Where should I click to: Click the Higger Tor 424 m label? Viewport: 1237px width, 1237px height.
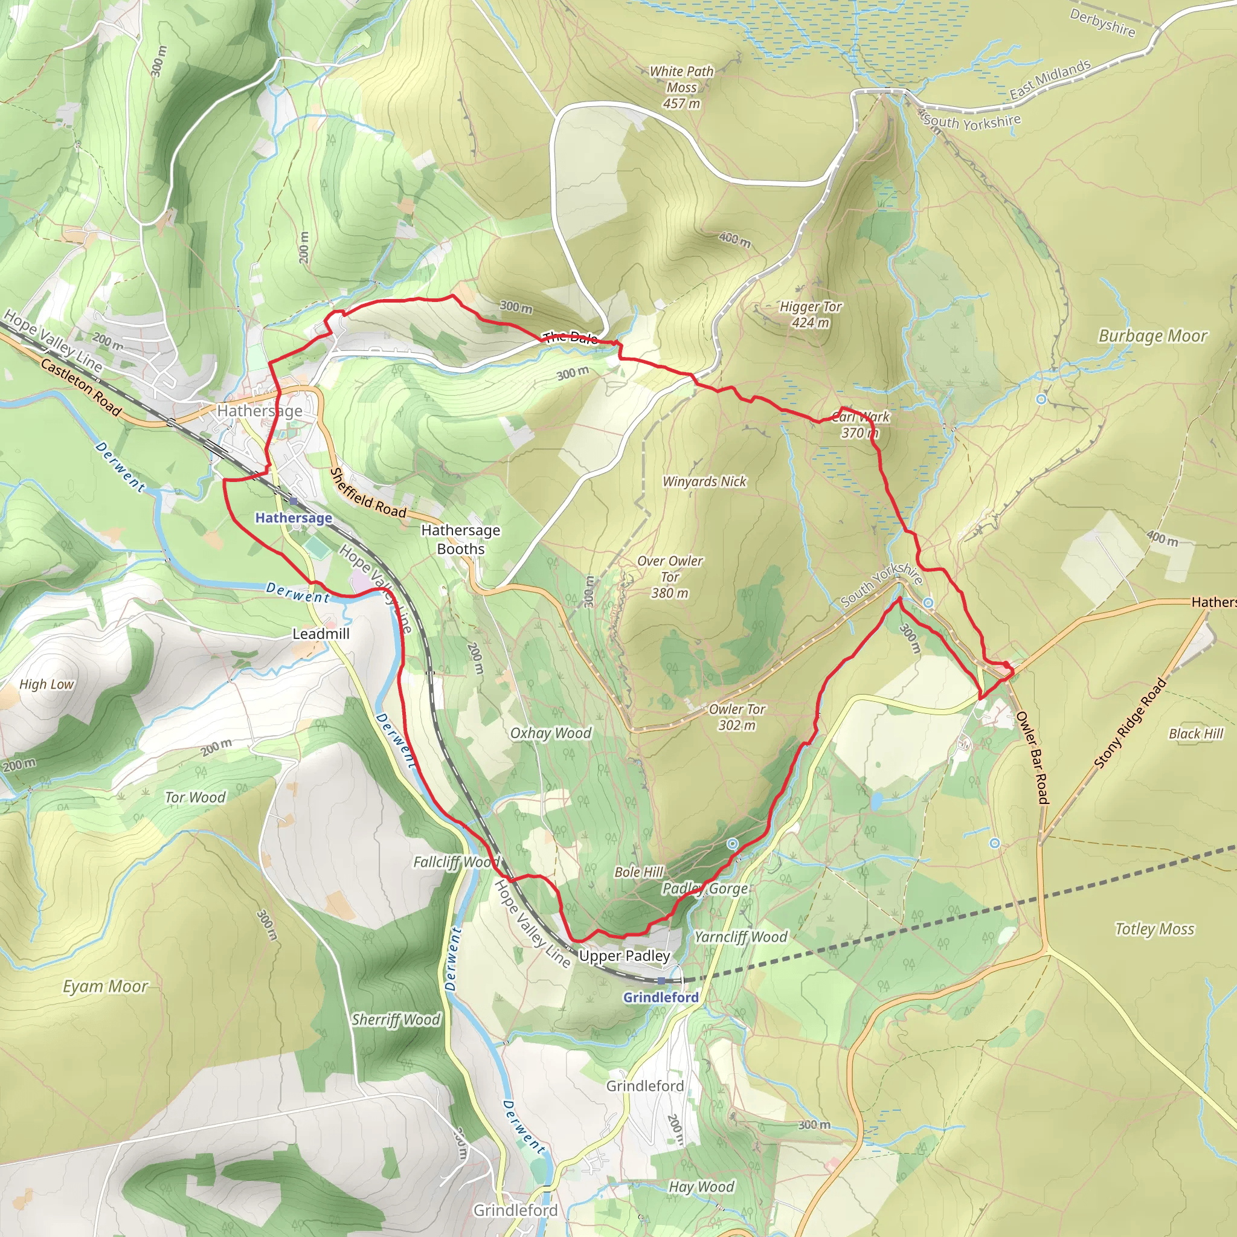tap(810, 314)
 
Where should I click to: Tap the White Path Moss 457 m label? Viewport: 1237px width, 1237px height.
tap(681, 87)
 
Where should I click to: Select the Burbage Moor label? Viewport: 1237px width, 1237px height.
tap(1152, 336)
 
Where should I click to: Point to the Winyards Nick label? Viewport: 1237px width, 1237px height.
tap(704, 481)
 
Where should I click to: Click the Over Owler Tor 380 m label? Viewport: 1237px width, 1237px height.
tap(670, 577)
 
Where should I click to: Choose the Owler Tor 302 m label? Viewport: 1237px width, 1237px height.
tap(737, 717)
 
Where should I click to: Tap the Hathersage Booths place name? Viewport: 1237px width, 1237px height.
tap(460, 539)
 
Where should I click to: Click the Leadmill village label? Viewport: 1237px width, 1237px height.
tap(321, 634)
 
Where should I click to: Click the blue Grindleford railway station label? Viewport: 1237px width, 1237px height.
tap(661, 997)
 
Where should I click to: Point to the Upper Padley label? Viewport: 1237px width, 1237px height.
tap(625, 956)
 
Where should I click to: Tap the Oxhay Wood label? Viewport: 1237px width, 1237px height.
tap(551, 733)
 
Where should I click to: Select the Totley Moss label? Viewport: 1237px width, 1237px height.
tap(1154, 929)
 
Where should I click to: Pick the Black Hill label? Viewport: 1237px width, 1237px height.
tap(1195, 734)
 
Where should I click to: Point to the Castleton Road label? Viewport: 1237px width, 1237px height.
tap(81, 387)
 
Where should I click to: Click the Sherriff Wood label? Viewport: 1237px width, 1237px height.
tap(396, 1020)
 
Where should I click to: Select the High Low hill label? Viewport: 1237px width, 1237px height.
tap(47, 684)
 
